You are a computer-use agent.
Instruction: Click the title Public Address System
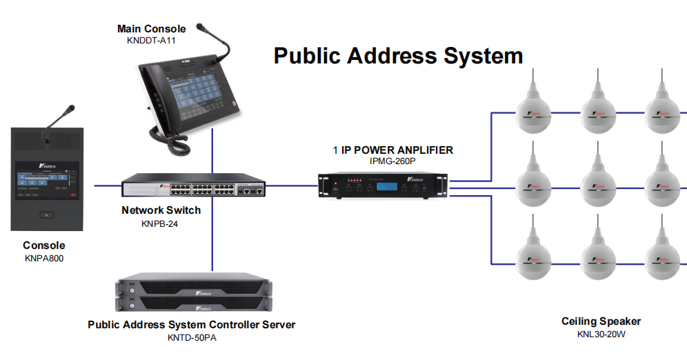coord(398,55)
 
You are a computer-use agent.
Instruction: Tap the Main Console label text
coord(151,29)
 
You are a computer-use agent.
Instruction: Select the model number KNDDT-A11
coord(151,41)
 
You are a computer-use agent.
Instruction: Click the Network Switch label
coord(161,210)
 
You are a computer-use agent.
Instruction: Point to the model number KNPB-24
coord(161,223)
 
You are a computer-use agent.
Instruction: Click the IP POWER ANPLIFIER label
coord(393,150)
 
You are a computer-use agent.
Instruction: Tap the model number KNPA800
coord(43,258)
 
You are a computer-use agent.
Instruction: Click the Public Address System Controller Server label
coord(191,324)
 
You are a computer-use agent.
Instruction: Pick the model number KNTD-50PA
coord(191,337)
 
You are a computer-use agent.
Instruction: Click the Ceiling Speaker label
coord(601,321)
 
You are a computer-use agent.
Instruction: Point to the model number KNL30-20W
coord(601,334)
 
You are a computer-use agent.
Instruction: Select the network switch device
coord(194,188)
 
